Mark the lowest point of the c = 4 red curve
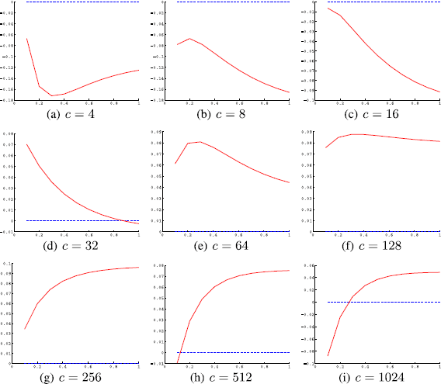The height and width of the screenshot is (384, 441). [x=52, y=95]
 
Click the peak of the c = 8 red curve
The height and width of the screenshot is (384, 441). [x=189, y=39]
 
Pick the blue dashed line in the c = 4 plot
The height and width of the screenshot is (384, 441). [x=78, y=2]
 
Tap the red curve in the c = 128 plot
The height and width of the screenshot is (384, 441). [x=373, y=137]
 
